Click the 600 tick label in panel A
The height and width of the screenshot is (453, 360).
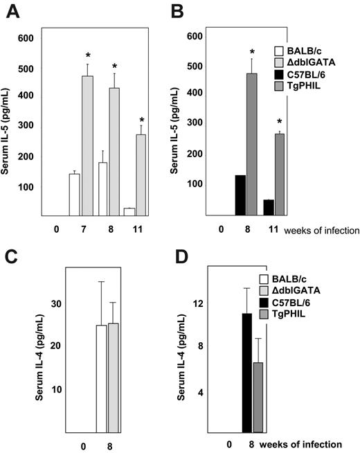pos(25,38)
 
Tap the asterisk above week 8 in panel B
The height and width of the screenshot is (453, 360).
pos(282,52)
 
